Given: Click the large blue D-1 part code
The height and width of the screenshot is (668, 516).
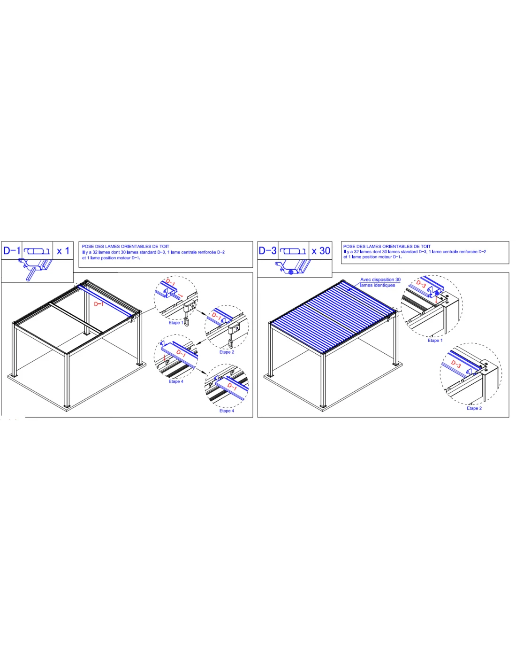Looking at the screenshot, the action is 12,250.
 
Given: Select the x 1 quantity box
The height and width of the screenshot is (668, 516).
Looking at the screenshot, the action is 63,250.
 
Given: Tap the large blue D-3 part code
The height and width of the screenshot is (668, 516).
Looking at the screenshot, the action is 267,250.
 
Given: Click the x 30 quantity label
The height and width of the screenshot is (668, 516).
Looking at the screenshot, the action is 320,251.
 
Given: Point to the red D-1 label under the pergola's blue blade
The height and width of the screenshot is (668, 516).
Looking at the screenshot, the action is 99,304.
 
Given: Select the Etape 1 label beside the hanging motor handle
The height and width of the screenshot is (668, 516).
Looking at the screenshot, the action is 176,323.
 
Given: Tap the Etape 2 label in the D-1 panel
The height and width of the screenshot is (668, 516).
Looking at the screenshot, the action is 227,352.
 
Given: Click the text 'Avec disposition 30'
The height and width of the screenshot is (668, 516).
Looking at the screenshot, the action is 380,280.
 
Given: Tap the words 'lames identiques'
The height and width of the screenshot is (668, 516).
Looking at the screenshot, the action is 378,285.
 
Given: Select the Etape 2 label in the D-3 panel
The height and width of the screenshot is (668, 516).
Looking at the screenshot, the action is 474,408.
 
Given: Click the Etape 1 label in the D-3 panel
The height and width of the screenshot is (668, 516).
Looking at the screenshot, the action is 435,340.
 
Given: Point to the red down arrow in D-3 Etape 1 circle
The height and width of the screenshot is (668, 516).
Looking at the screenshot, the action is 436,299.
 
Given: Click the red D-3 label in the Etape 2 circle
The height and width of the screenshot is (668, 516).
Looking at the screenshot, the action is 456,364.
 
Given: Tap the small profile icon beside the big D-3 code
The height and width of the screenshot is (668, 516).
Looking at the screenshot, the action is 293,251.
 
